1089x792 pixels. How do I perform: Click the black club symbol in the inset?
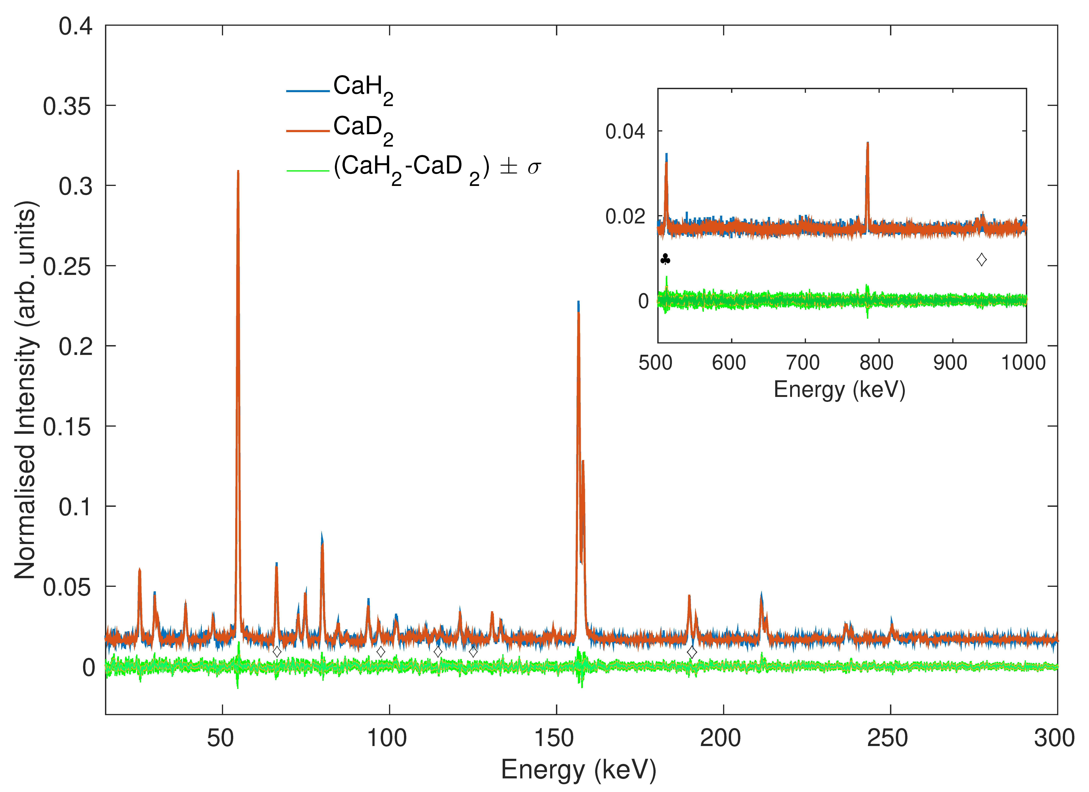point(665,260)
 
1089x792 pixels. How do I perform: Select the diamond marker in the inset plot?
point(981,260)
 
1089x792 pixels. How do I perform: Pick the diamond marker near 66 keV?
point(277,652)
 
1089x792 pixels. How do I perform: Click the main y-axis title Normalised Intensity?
point(25,390)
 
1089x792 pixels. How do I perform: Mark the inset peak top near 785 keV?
point(868,143)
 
